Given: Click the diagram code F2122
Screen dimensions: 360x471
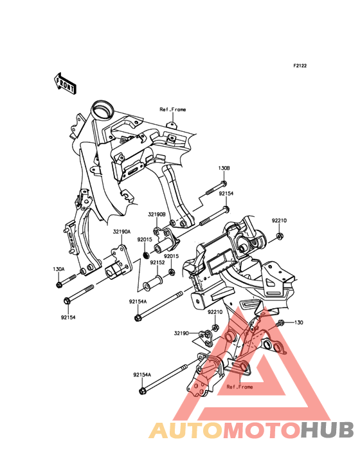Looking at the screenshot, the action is tap(300, 66).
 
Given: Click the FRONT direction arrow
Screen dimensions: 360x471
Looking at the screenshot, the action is tap(65, 82).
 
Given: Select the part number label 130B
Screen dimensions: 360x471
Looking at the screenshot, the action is tap(224, 169).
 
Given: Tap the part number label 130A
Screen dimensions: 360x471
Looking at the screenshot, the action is tap(59, 269).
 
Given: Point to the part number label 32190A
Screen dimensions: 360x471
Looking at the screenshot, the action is tap(122, 232).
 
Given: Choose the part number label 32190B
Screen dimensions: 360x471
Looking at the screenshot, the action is tap(157, 214).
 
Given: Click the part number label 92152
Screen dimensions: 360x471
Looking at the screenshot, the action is tap(157, 263).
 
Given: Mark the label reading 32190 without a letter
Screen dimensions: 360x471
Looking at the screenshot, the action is tap(181, 333).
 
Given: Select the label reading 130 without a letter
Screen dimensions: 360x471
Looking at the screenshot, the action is tap(298, 322).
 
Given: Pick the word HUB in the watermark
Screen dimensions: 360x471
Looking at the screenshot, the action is tap(328, 430).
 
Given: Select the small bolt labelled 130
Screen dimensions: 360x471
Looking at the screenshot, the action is tap(280, 324).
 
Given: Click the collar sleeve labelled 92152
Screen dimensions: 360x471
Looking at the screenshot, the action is tap(153, 282).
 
